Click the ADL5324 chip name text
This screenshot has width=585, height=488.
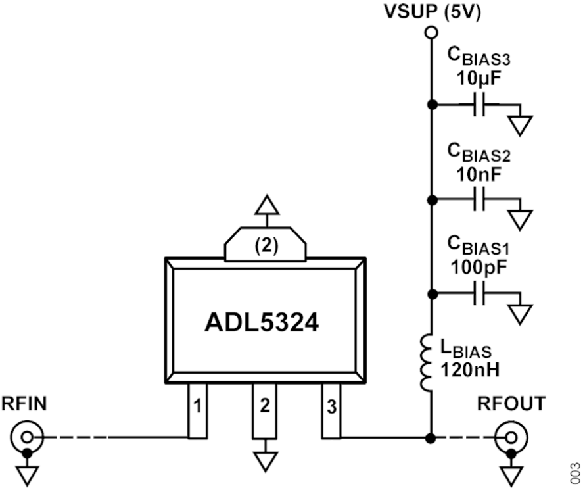click(x=262, y=322)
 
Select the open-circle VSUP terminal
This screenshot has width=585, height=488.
click(x=431, y=32)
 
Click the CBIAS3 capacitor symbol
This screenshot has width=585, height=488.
click(x=480, y=104)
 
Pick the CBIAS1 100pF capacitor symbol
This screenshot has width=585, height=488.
click(x=480, y=294)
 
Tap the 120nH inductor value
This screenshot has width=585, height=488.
click(x=473, y=369)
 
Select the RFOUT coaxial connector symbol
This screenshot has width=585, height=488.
click(x=510, y=437)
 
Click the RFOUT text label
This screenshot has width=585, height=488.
click(x=511, y=403)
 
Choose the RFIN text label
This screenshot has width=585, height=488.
click(x=24, y=403)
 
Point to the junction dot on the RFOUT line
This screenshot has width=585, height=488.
click(x=431, y=437)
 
